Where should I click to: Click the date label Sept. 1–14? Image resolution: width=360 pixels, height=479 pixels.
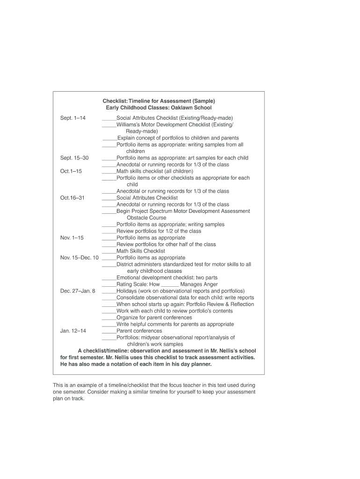click(x=73, y=118)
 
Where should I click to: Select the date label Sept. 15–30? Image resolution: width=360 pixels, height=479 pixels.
click(x=74, y=158)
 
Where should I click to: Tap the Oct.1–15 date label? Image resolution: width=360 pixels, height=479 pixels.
click(x=71, y=171)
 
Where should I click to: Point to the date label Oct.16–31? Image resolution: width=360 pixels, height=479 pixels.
click(x=72, y=198)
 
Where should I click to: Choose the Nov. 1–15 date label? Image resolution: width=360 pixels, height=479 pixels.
click(x=72, y=238)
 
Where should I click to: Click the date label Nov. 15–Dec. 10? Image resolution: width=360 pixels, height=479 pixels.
click(x=79, y=258)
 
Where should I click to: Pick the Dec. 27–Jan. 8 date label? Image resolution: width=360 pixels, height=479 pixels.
click(x=78, y=291)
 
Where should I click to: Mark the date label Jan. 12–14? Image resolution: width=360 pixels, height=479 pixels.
click(x=73, y=331)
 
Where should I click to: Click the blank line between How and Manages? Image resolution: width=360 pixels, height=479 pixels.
click(x=170, y=285)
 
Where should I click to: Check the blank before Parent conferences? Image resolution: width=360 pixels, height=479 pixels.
click(x=109, y=332)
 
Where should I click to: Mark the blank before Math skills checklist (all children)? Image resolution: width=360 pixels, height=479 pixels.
click(x=109, y=172)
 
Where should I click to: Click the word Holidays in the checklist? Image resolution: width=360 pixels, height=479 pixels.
click(x=127, y=291)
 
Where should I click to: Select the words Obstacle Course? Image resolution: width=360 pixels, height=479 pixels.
click(x=146, y=218)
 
